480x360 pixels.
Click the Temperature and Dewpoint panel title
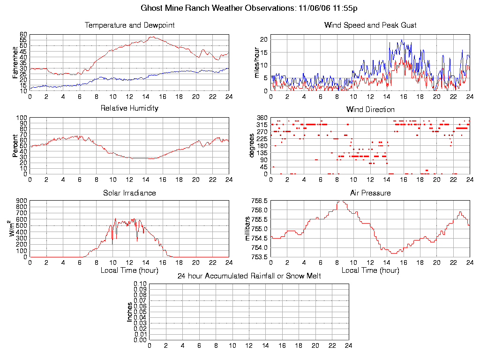coord(129,25)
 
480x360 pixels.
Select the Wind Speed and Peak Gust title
coord(370,25)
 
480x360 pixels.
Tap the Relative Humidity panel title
coord(129,108)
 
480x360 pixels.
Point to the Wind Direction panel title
coord(370,110)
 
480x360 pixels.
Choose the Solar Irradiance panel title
coord(129,193)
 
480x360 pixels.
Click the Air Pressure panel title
coord(370,193)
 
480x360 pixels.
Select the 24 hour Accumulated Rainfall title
coord(249,276)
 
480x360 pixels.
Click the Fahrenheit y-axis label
coord(15,62)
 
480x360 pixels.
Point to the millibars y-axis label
coord(249,229)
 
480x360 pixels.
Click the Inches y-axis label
coord(129,312)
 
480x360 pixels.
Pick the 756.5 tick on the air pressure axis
coord(259,201)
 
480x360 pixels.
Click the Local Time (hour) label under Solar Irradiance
coord(129,270)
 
